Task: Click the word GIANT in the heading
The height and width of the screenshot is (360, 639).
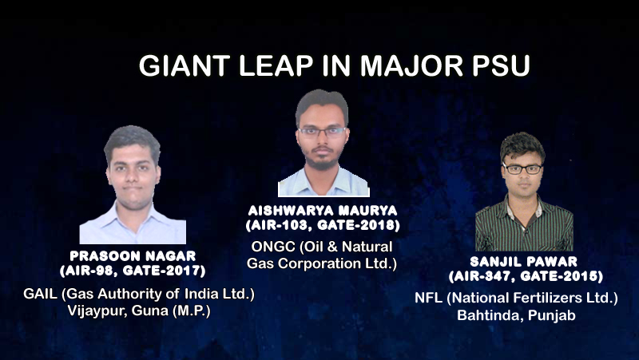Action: click(185, 65)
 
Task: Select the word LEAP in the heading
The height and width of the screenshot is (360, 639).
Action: click(276, 65)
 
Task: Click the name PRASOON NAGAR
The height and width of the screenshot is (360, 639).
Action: click(133, 256)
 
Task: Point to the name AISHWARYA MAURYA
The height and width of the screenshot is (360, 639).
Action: click(323, 211)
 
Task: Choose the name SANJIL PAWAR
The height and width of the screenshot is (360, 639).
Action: click(524, 262)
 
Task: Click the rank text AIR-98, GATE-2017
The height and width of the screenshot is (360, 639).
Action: click(133, 271)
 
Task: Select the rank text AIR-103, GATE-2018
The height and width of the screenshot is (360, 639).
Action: click(323, 225)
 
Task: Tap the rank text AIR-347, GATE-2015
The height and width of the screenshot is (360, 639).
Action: click(526, 276)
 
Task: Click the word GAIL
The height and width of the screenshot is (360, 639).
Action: click(41, 294)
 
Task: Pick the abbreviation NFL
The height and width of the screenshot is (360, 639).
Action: click(428, 298)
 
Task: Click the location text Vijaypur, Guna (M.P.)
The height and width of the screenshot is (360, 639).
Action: click(139, 311)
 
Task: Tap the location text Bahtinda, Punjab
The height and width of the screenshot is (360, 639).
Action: click(516, 315)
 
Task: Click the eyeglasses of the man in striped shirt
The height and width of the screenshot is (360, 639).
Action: click(522, 168)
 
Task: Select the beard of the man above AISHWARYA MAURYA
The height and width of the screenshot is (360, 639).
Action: click(322, 160)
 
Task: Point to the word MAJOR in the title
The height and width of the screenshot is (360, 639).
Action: click(411, 65)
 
